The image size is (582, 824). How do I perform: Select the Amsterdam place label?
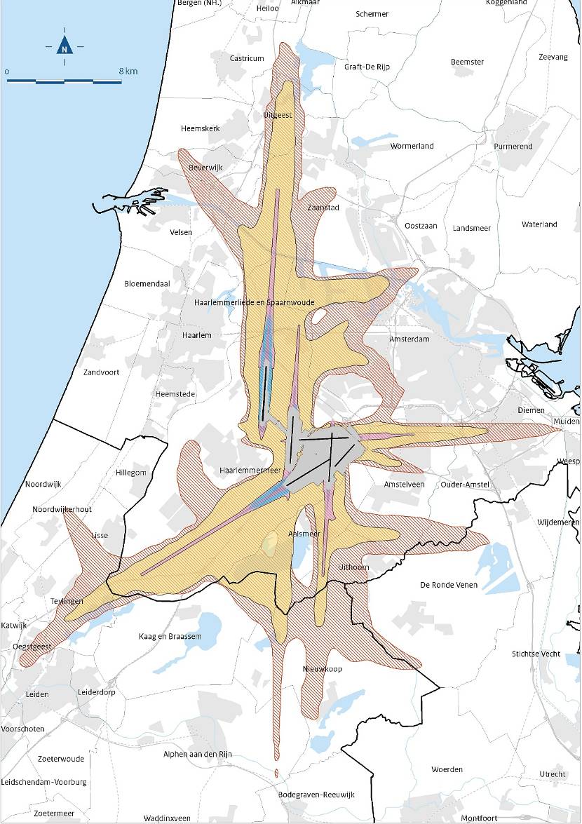click(409, 339)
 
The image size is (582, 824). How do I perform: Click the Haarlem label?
click(196, 335)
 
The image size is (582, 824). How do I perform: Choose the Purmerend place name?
click(513, 147)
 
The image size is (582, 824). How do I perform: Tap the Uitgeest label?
click(277, 114)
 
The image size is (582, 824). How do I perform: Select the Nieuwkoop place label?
click(323, 669)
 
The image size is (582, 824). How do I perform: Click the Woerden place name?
click(447, 769)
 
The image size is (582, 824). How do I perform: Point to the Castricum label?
click(247, 58)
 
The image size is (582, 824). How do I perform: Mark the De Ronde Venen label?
click(449, 585)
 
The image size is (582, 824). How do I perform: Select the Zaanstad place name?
click(323, 208)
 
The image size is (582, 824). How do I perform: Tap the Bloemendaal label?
click(147, 283)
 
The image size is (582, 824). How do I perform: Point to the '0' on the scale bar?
click(6, 72)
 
